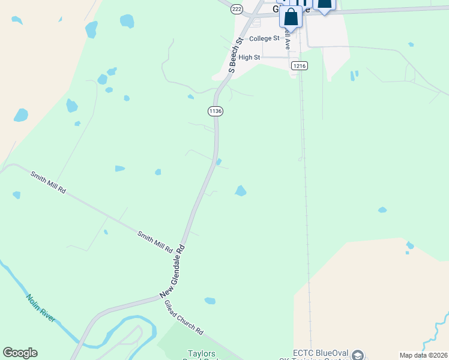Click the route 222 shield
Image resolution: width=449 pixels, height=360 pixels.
click(237, 8)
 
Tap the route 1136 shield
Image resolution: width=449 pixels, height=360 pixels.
click(215, 111)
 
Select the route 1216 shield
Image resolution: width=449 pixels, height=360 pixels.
click(300, 65)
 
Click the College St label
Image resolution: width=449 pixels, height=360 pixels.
click(264, 38)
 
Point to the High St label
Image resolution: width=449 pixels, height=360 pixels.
click(249, 58)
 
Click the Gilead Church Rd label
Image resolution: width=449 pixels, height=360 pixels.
click(184, 317)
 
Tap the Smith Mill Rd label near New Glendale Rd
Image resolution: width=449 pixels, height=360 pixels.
click(155, 241)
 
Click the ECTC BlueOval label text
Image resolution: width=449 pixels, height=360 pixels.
click(316, 353)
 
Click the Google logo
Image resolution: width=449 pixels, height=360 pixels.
click(20, 353)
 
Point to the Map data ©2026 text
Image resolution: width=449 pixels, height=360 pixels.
click(424, 355)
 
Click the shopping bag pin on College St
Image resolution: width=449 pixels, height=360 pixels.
click(291, 17)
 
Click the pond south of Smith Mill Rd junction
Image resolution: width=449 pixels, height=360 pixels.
click(209, 301)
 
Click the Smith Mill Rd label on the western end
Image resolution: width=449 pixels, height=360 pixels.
click(48, 181)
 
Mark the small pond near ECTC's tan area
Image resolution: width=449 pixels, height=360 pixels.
click(410, 245)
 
